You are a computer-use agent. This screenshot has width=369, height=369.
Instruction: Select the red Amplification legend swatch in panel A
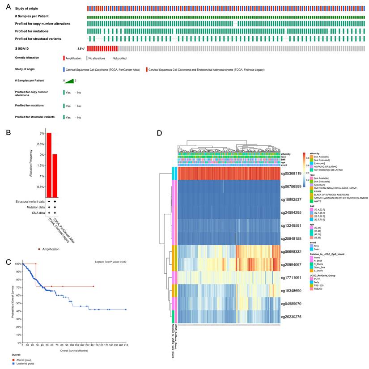[x=64, y=58]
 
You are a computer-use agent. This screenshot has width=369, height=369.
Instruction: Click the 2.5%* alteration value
[x=81, y=48]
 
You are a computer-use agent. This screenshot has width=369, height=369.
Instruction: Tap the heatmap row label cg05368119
[x=292, y=173]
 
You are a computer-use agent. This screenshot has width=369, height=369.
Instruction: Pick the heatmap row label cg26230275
[x=292, y=317]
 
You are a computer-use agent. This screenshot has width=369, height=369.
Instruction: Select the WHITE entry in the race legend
[x=314, y=201]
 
